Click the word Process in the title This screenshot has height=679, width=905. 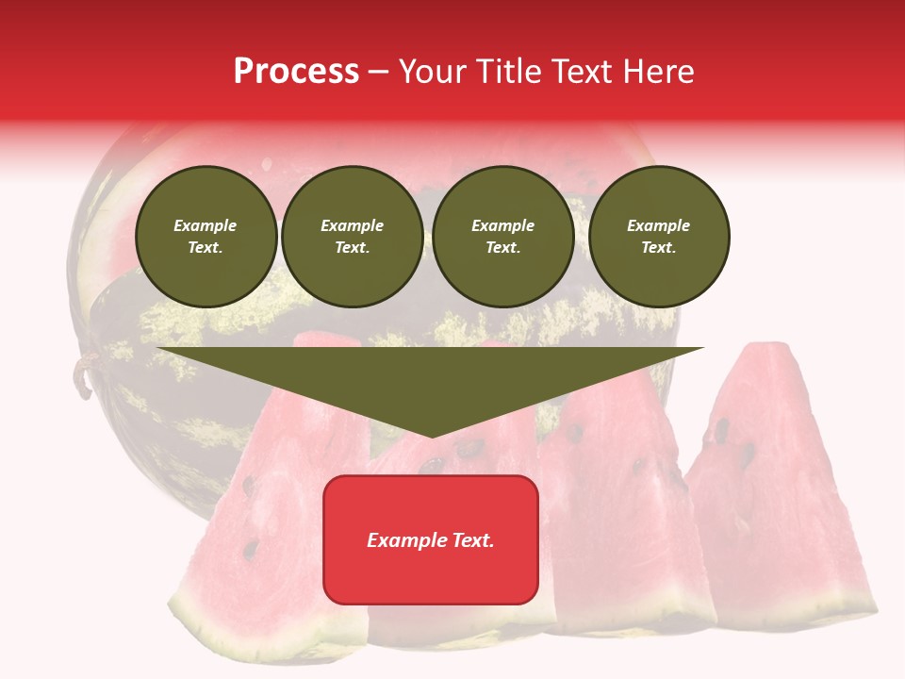(x=296, y=72)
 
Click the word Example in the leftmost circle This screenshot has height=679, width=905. (x=206, y=225)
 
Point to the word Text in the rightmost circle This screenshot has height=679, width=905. (x=658, y=247)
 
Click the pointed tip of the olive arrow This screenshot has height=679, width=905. (x=432, y=435)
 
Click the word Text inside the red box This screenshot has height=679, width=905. (x=472, y=540)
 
